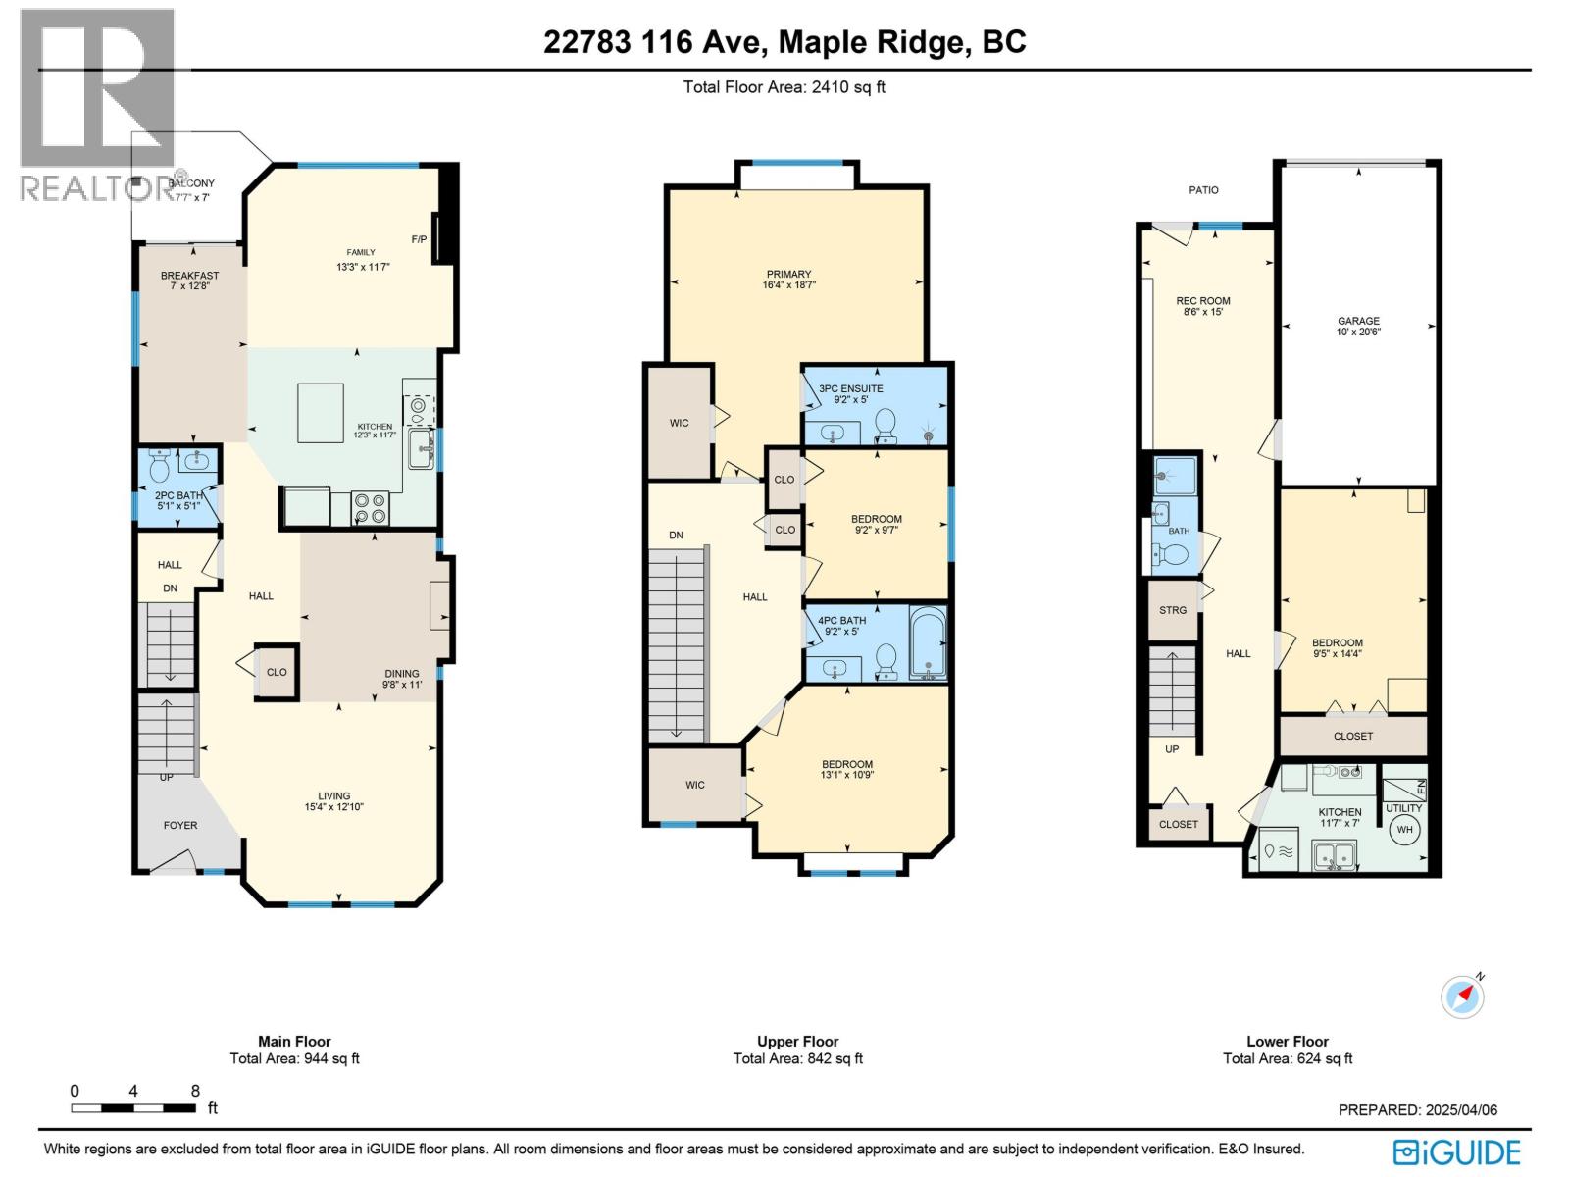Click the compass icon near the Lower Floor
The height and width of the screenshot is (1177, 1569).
[x=1462, y=998]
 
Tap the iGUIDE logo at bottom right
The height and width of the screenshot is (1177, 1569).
[x=1457, y=1151]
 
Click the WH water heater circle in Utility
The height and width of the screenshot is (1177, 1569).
[x=1404, y=830]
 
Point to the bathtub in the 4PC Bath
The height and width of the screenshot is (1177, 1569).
[x=928, y=642]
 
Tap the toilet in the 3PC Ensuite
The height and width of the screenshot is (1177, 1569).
[x=886, y=425]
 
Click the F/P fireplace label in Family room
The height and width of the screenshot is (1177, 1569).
[x=419, y=239]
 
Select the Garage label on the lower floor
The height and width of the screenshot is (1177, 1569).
[x=1358, y=321]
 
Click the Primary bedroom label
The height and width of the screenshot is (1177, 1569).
[x=788, y=275]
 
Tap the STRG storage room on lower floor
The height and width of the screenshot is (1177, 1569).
[x=1173, y=610]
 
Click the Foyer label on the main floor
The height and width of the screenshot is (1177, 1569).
[x=180, y=825]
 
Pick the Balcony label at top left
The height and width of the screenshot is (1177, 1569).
[x=192, y=183]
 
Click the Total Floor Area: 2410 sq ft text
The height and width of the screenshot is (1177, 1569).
[x=784, y=86]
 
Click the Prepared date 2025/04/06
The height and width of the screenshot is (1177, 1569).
[x=1417, y=1110]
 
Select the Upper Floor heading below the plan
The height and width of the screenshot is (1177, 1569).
[x=797, y=1042]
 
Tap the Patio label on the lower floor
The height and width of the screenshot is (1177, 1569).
[x=1203, y=190]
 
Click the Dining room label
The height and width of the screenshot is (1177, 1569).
[x=401, y=674]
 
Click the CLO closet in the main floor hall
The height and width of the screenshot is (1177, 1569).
[x=277, y=672]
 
